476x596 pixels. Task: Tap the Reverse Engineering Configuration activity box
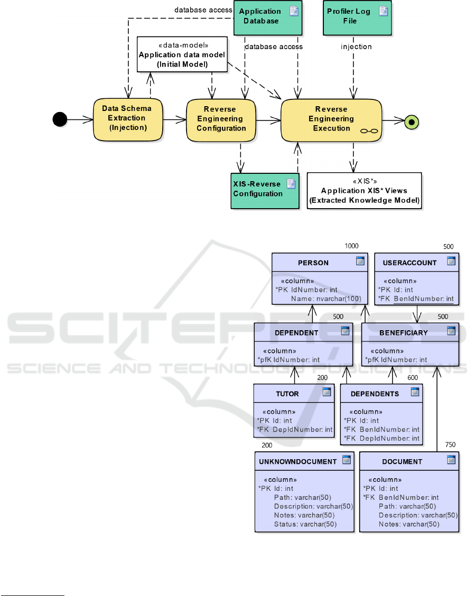coord(221,119)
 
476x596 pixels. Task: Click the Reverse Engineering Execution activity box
coord(331,119)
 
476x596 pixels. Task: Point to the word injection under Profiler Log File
coord(356,46)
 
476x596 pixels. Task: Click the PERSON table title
coord(313,263)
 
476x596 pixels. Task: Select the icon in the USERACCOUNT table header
coord(451,261)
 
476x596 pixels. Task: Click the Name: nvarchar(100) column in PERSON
coord(326,299)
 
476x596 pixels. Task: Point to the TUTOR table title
coord(287,394)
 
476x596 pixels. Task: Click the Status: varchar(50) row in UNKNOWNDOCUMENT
coord(305,524)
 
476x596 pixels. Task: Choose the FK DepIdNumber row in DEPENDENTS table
coord(381,439)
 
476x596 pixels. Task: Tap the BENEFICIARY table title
coord(403,333)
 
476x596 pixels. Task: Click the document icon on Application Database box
coord(294,11)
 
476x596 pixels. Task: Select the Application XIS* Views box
coord(365,190)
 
